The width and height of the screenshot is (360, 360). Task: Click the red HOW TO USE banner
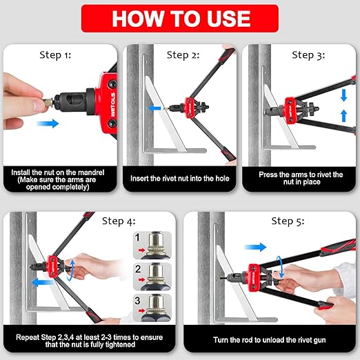tap(180, 19)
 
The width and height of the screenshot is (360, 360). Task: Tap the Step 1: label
tap(55, 55)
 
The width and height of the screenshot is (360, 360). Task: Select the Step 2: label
tap(183, 55)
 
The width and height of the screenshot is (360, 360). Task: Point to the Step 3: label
tap(308, 55)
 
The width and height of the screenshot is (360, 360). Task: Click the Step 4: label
tap(119, 221)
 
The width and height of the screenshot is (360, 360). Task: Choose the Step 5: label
tap(288, 221)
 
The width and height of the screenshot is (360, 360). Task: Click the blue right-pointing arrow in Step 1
tap(48, 123)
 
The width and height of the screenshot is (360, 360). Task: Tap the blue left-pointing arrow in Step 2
tap(154, 108)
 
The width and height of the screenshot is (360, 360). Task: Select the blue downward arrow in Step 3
tap(343, 95)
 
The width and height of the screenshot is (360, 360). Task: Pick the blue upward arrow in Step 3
tap(343, 116)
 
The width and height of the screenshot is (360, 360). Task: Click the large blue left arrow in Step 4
tap(42, 282)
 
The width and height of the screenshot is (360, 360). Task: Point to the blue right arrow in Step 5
tap(255, 247)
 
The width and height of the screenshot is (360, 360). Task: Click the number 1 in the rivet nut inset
tap(137, 238)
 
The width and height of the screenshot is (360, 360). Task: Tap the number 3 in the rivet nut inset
tap(137, 301)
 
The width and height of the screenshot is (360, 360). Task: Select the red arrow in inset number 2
tap(141, 280)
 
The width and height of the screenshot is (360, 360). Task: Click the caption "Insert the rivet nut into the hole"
tap(180, 179)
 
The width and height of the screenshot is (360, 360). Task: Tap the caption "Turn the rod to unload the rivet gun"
tap(270, 340)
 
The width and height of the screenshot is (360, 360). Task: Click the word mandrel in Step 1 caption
tap(90, 172)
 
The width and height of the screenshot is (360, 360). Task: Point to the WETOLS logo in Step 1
tap(113, 105)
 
